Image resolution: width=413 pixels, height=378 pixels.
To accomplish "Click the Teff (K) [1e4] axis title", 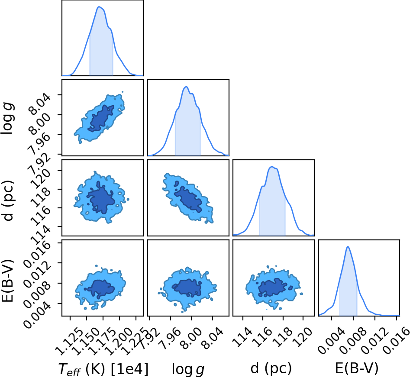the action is (103, 369).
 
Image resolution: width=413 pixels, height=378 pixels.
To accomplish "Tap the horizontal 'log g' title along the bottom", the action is (188, 369).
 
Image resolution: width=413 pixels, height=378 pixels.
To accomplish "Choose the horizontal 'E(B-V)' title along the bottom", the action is (357, 368).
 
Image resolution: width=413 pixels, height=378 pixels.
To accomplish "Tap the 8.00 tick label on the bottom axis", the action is (191, 338).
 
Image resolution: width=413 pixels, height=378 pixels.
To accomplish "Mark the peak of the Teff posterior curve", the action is (99, 6).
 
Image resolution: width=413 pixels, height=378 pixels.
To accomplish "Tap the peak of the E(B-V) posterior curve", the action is (348, 246).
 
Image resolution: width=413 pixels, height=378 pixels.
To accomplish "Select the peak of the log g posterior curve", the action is (186, 87).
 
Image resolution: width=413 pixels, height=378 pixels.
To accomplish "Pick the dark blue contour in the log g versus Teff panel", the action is (101, 118).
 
